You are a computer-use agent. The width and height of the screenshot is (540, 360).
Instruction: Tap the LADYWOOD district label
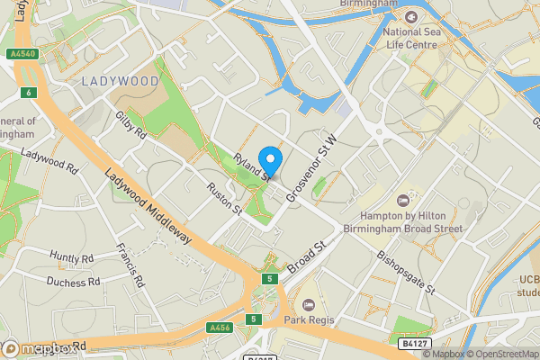[120, 81]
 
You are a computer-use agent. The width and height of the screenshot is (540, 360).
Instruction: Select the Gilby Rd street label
[130, 127]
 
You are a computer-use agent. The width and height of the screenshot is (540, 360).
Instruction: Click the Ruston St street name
[224, 200]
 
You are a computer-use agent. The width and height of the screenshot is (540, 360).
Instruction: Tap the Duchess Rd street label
[74, 282]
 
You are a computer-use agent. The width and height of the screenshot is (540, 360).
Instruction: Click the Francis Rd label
[131, 265]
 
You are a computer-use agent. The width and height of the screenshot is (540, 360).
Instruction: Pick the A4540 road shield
[23, 54]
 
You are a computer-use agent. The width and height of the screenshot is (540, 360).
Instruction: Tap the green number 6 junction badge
[29, 93]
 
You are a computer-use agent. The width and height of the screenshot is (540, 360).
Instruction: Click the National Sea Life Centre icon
[411, 17]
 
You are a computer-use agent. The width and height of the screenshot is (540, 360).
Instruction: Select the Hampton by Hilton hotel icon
[402, 200]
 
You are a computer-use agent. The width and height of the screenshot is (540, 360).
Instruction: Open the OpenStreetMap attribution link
[502, 354]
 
